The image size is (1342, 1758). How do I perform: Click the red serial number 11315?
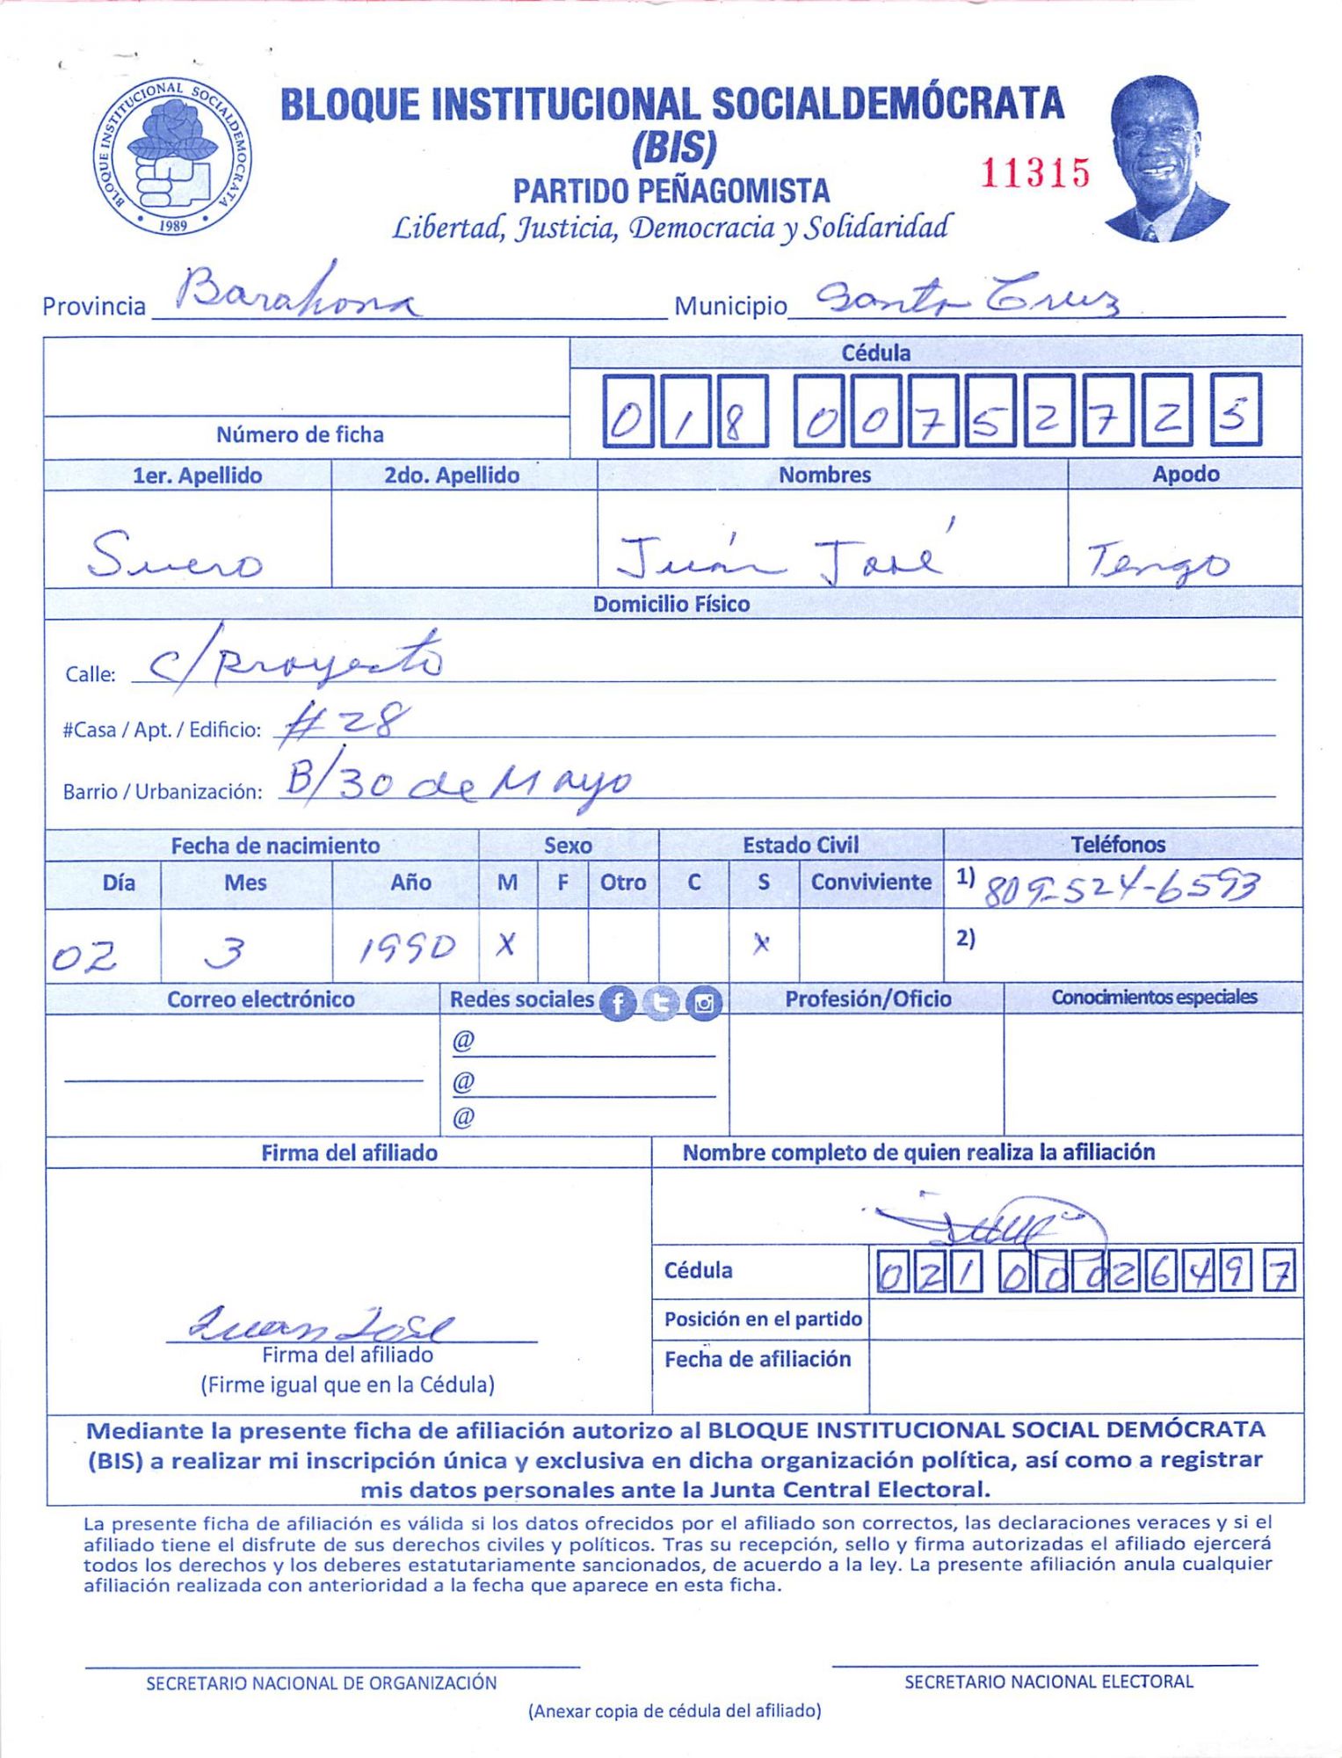(x=1034, y=174)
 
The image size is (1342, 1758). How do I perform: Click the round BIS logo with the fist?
(x=173, y=156)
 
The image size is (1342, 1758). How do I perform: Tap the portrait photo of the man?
(x=1165, y=159)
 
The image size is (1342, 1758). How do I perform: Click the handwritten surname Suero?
(x=176, y=557)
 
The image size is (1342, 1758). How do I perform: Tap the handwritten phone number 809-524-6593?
(x=1121, y=890)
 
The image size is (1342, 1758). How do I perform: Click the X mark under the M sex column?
(x=506, y=946)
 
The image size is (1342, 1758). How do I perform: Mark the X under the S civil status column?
(x=761, y=944)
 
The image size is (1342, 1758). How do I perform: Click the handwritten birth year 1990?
(x=407, y=948)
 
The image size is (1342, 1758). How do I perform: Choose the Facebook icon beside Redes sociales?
(x=618, y=1003)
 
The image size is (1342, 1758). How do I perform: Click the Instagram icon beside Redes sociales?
(x=704, y=1003)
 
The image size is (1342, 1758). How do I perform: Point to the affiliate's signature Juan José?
(x=322, y=1322)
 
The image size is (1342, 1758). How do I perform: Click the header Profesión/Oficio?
(x=867, y=999)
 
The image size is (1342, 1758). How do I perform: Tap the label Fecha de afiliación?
(x=758, y=1360)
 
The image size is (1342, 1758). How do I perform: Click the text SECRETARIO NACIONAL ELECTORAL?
(x=1048, y=1682)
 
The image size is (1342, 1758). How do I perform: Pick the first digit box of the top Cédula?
(x=627, y=410)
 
